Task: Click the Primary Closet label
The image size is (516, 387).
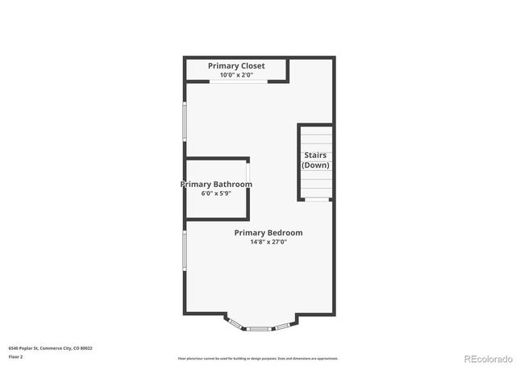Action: pos(235,65)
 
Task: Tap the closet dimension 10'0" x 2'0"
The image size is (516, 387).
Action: pos(235,76)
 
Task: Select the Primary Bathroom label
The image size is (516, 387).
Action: pos(215,185)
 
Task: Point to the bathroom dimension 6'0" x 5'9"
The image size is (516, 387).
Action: pos(215,194)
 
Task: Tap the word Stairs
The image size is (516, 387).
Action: pos(315,155)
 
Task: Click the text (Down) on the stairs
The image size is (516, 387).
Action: pos(315,165)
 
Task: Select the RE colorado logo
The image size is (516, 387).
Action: pos(487,359)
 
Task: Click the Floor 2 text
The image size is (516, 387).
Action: pos(16,356)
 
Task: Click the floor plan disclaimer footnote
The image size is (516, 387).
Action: pos(257,359)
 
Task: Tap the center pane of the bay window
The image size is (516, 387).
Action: pos(259,328)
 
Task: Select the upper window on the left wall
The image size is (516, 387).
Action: pos(185,128)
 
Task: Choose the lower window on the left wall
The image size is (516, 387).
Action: pos(185,251)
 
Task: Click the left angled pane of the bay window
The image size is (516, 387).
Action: pos(235,325)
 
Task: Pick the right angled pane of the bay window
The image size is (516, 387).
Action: pos(283,325)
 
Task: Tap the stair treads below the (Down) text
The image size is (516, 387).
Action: pos(315,185)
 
